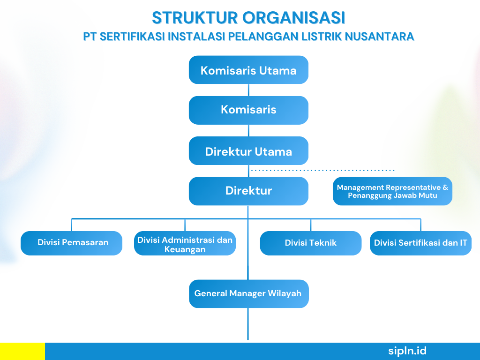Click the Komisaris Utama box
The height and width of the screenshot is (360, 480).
pos(248,70)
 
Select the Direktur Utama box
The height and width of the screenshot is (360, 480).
pos(248,151)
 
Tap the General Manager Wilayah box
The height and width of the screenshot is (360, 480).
pos(249,294)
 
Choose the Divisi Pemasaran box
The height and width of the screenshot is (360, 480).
pos(71,243)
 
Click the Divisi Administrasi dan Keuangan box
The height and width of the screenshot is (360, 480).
pos(185,243)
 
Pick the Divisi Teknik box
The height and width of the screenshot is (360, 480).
pos(311,243)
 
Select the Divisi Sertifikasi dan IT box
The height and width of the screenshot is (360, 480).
pos(420,243)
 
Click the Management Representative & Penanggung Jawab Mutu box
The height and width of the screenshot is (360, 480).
pos(392,191)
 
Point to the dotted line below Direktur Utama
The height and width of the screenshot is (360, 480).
pos(322,170)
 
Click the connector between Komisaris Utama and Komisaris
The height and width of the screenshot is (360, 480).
pos(248,90)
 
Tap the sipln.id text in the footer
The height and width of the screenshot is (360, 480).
pos(407,351)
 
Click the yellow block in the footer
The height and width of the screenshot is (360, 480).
pos(22,352)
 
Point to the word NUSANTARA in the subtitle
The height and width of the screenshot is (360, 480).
pos(380,37)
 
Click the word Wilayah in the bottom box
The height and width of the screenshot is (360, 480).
pos(285,293)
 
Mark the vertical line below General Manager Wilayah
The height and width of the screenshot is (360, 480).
pos(248,324)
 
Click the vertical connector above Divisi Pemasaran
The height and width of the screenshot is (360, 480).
pos(72,225)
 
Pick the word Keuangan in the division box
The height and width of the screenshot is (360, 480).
pos(185,249)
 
